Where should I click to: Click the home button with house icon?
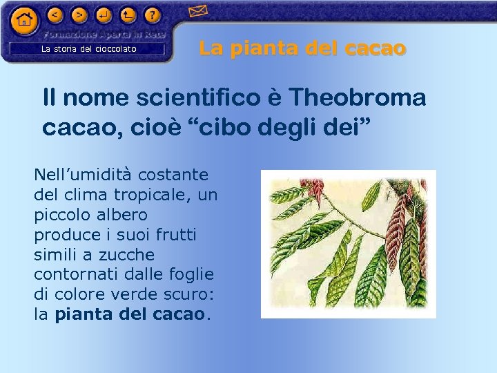[24, 20]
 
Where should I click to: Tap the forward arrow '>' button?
[80, 14]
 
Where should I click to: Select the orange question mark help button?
[153, 14]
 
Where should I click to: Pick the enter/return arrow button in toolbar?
[104, 14]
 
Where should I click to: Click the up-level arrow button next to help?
[128, 14]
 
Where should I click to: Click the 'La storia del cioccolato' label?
[89, 49]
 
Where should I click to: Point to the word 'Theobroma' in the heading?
[357, 98]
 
